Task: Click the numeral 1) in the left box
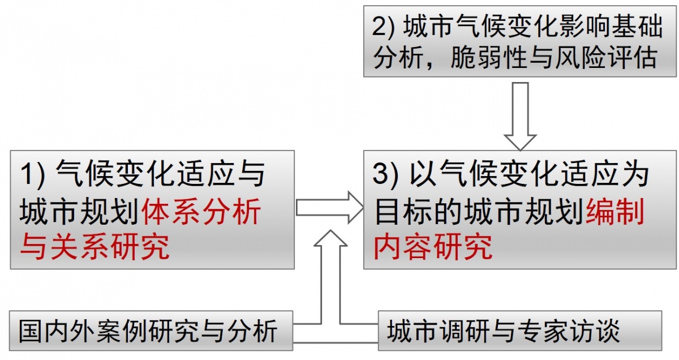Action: coord(32,175)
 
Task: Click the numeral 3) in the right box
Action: coord(385,175)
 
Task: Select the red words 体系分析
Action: coord(201,211)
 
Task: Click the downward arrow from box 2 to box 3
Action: coord(520,117)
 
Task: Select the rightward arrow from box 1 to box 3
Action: coord(330,208)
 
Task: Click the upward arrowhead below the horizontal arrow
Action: coord(330,238)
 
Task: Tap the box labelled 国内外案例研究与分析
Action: coord(151,331)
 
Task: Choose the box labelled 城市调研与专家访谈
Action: coord(520,331)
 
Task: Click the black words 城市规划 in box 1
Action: coord(79,211)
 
